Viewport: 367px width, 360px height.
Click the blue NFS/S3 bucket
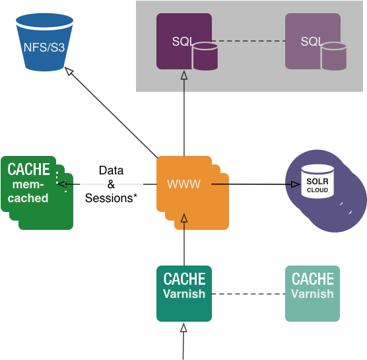[44, 44]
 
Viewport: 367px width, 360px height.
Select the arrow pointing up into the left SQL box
[184, 77]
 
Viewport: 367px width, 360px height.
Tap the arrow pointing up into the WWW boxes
[184, 219]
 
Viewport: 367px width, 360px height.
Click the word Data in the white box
[111, 170]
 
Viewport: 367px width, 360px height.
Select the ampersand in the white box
[111, 184]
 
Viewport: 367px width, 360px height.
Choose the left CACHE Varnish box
[184, 293]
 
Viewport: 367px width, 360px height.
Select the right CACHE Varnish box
[312, 293]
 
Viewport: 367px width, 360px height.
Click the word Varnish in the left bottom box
[184, 294]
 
